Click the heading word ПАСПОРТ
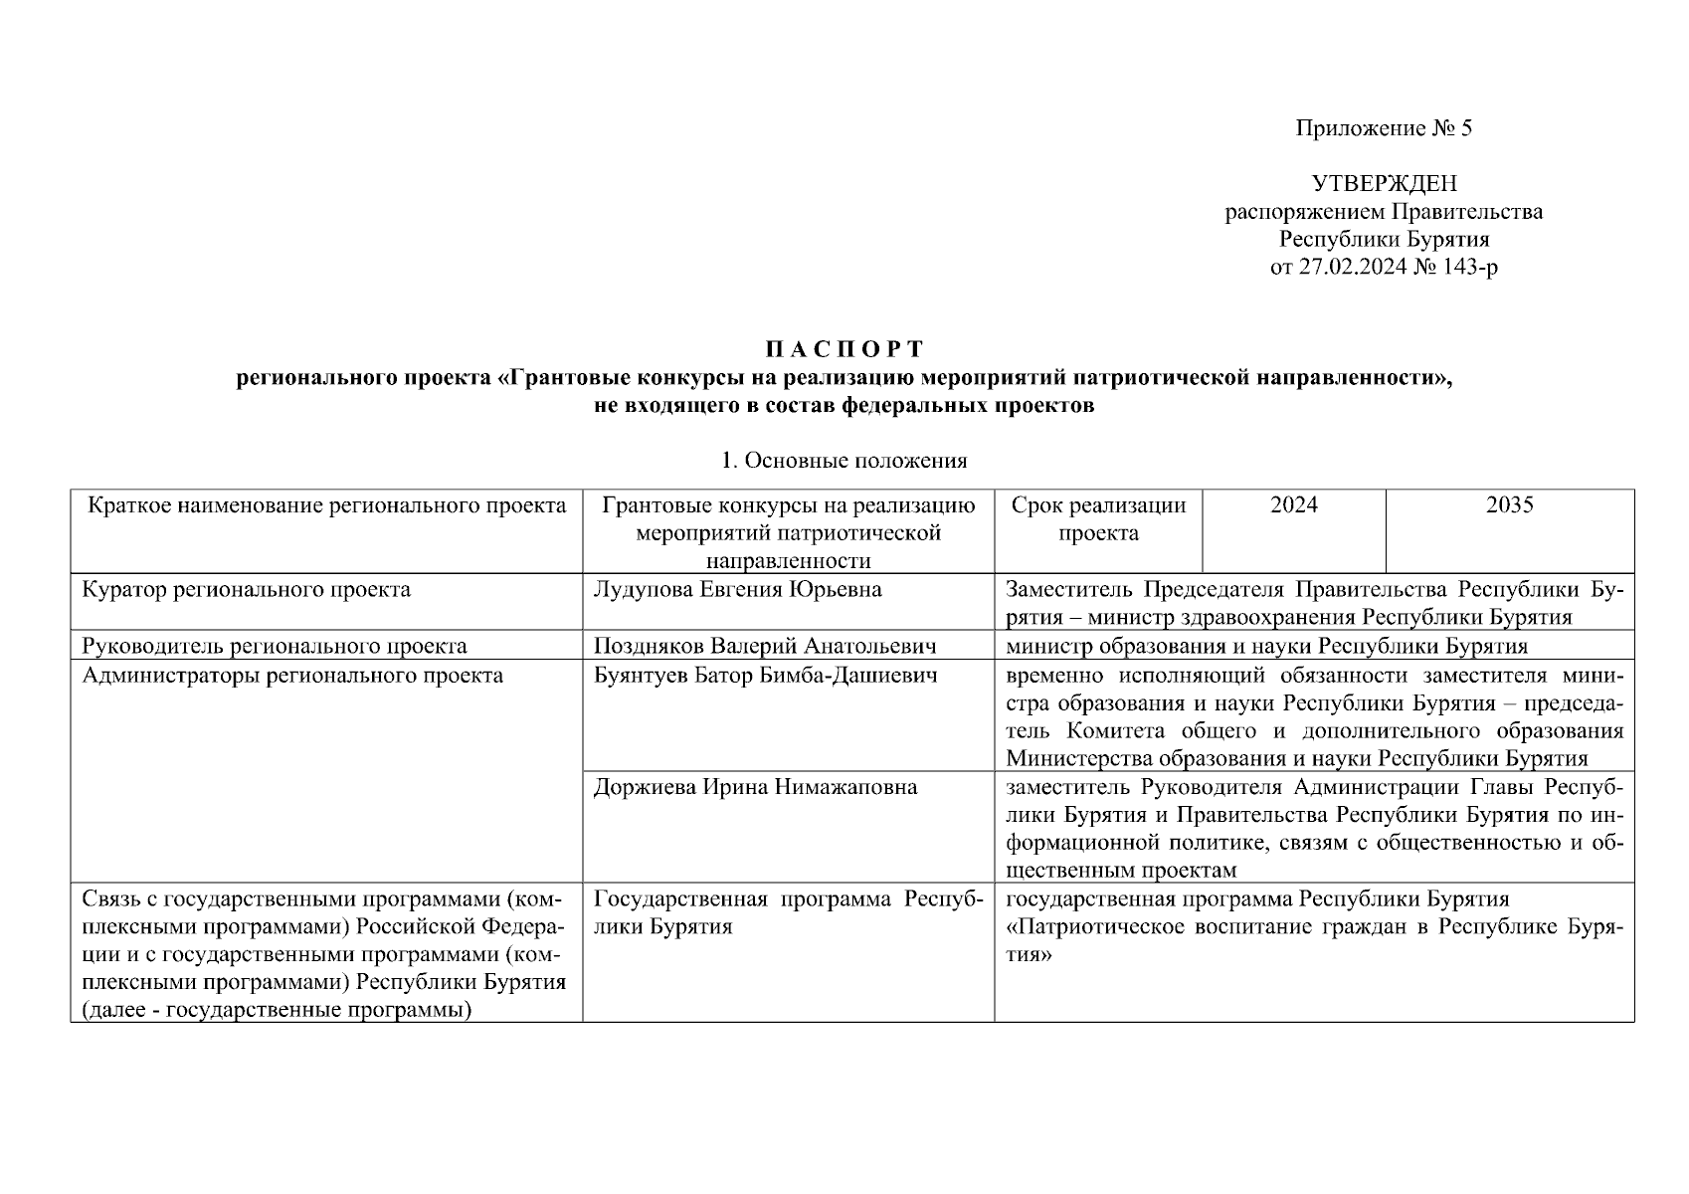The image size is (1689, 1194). point(844,349)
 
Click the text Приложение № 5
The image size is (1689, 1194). point(1383,128)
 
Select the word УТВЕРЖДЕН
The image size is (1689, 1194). point(1384,184)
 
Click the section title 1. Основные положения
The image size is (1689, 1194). point(844,461)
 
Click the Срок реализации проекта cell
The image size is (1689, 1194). point(1098,519)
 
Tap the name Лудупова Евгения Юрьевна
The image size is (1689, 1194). point(737,590)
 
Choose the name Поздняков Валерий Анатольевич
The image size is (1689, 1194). point(764,647)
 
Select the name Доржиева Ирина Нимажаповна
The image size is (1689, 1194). point(755,788)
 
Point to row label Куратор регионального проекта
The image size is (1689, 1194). point(246,590)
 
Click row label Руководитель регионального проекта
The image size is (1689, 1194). point(275,647)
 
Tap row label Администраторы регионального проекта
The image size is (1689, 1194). point(292,677)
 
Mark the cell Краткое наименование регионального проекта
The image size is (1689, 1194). point(327,505)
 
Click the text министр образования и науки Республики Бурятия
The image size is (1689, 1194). point(1266,647)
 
